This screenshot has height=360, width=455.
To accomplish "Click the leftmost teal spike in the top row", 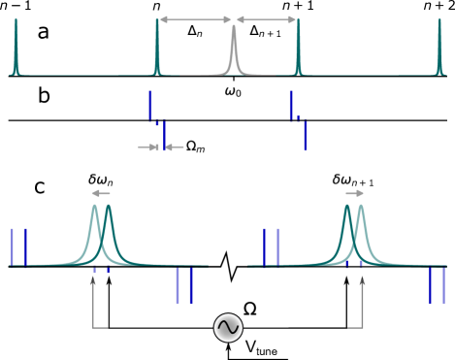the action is (x=16, y=49).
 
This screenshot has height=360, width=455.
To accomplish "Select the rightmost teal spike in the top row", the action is (x=439, y=49).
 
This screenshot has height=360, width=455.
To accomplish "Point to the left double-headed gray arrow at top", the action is (x=195, y=19).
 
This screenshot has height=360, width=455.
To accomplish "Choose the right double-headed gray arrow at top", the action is (x=266, y=19).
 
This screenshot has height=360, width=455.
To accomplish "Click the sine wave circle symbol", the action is (x=228, y=328).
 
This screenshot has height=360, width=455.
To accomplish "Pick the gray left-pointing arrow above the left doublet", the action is (x=100, y=193).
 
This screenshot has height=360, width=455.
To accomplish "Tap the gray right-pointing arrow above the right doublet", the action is (x=355, y=193).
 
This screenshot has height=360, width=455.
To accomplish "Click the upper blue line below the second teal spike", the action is (x=150, y=105).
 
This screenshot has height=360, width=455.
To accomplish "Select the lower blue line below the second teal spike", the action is (x=164, y=136).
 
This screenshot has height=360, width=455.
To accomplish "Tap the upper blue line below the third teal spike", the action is (x=290, y=105).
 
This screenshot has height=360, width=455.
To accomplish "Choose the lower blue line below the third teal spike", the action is (x=306, y=136).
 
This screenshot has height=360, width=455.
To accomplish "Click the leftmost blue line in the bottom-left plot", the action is (x=12, y=246).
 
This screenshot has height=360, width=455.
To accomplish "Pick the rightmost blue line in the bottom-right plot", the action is (x=443, y=285).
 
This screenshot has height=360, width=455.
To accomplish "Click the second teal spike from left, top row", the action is (x=157, y=49).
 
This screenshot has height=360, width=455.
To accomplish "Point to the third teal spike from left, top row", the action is (x=298, y=49).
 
